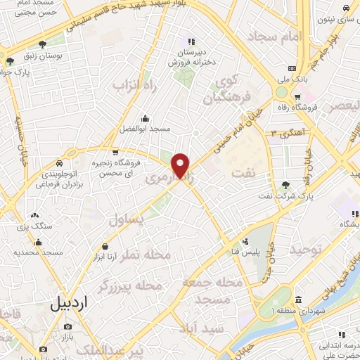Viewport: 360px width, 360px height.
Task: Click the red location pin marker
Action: coord(181,165)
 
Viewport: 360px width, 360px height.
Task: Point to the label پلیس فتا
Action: coord(251,252)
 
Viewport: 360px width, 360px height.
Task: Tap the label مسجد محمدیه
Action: coord(44,251)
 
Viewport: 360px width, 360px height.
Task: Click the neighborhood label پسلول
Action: coord(129,220)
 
